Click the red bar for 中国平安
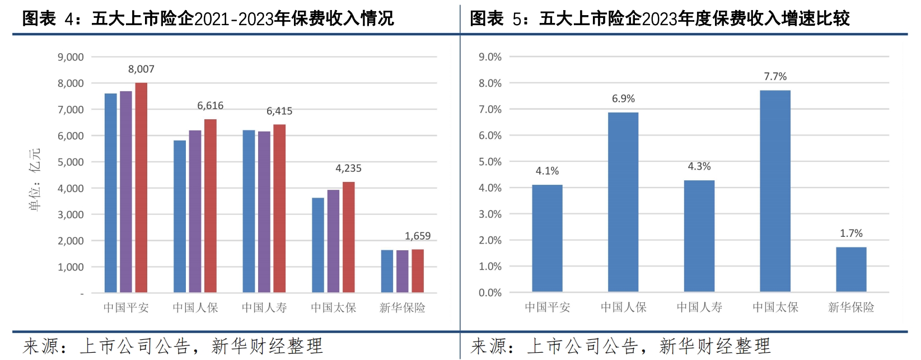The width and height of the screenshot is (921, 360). [x=141, y=188]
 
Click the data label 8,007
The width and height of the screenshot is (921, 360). [x=141, y=69]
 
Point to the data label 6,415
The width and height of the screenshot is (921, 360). [x=279, y=111]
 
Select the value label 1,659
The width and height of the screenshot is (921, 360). [x=418, y=236]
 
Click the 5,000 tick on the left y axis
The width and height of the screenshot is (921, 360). [x=71, y=162]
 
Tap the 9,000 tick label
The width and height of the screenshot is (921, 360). [x=71, y=57]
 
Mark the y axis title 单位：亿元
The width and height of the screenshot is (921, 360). [x=35, y=179]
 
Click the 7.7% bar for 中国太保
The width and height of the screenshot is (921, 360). [x=775, y=190]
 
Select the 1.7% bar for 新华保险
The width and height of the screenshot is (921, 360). [x=851, y=269]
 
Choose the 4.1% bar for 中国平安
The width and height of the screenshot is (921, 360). [x=547, y=238]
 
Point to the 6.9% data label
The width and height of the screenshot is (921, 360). [x=623, y=99]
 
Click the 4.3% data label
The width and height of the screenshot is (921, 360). [x=699, y=167]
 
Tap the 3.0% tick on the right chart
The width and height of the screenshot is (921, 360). [x=490, y=214]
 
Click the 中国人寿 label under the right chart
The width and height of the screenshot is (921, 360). [x=699, y=307]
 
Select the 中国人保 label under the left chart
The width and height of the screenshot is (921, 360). [x=195, y=308]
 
